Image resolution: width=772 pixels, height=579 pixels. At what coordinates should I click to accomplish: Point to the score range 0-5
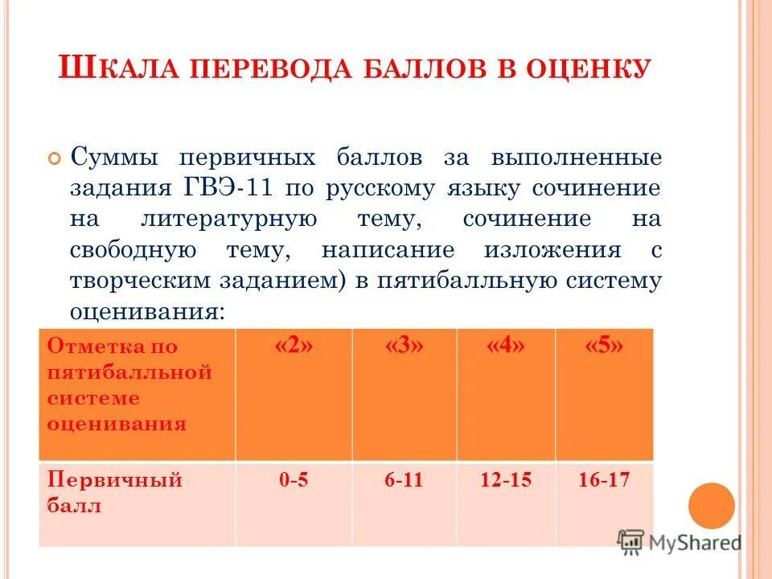(x=294, y=480)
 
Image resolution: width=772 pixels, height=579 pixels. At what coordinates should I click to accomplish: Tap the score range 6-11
(x=404, y=480)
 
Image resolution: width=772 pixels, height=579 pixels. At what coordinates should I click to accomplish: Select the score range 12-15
(x=506, y=480)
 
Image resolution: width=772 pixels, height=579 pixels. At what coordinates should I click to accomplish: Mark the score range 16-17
(x=604, y=480)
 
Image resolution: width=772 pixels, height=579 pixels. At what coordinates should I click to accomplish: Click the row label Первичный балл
(x=115, y=493)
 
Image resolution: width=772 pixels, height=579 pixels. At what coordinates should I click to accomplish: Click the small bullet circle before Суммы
(x=55, y=158)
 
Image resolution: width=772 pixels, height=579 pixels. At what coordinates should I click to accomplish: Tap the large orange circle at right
(x=712, y=506)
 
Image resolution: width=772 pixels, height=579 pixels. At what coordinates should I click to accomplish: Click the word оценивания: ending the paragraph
(x=147, y=312)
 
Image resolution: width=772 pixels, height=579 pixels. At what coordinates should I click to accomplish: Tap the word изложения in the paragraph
(x=552, y=250)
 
